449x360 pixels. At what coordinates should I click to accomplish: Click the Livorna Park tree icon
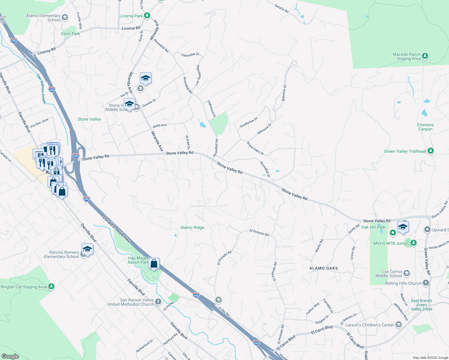(x=147, y=16)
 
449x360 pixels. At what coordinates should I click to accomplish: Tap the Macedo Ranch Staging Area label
(x=407, y=57)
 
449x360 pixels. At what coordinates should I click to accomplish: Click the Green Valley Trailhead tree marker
(x=431, y=151)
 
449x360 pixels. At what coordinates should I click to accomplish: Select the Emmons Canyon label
(x=425, y=127)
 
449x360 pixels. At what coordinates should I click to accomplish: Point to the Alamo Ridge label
(x=192, y=227)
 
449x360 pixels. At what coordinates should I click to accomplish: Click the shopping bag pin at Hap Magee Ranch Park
(x=154, y=264)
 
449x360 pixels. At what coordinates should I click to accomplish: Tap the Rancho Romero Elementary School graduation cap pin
(x=87, y=249)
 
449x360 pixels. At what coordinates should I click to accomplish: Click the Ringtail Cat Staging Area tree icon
(x=51, y=286)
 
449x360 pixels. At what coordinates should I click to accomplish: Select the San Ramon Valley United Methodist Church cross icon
(x=158, y=302)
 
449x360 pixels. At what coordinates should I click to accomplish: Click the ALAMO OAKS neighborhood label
(x=324, y=268)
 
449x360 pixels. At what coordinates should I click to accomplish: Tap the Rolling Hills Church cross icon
(x=426, y=283)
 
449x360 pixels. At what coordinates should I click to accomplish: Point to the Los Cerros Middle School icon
(x=407, y=273)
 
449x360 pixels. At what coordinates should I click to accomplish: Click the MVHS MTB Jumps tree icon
(x=414, y=243)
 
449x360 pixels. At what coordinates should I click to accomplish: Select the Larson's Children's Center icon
(x=399, y=325)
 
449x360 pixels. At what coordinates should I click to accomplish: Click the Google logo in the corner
(x=10, y=356)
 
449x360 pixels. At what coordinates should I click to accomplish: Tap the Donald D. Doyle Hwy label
(x=116, y=229)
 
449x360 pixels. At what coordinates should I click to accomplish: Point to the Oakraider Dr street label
(x=190, y=55)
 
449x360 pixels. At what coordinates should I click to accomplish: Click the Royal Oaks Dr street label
(x=255, y=148)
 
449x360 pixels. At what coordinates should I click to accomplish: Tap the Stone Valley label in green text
(x=89, y=119)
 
